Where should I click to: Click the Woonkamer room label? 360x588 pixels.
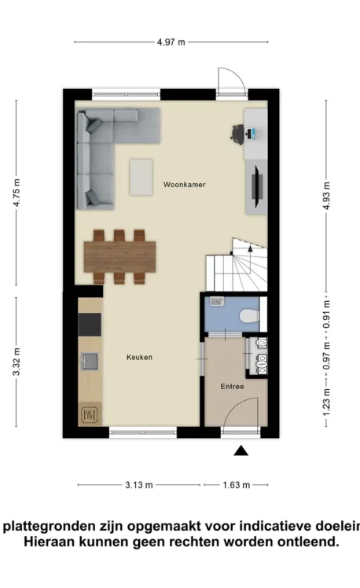coord(184,185)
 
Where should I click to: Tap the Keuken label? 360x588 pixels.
coord(139,358)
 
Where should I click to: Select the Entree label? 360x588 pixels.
coord(232,386)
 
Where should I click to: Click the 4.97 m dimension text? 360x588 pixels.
coord(171,42)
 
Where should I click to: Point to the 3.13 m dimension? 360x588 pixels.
coord(139,485)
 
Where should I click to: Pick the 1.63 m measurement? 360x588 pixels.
coord(237,485)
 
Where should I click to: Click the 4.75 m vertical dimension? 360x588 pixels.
coord(17,193)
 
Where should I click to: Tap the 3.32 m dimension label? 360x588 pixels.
coord(17,362)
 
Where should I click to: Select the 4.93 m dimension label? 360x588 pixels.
coord(327,196)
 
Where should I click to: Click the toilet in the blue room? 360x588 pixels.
coord(249,316)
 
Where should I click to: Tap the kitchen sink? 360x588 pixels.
coord(90,361)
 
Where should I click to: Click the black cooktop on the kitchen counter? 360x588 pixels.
coord(90,325)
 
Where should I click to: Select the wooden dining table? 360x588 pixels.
coord(119,257)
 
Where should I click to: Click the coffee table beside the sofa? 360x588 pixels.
coord(141,178)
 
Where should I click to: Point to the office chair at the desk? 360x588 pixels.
coord(237,133)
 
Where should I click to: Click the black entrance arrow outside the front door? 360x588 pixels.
coord(241,450)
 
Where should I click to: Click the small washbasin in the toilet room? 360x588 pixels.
coord(217,301)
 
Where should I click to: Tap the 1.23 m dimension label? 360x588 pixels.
coord(327,402)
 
